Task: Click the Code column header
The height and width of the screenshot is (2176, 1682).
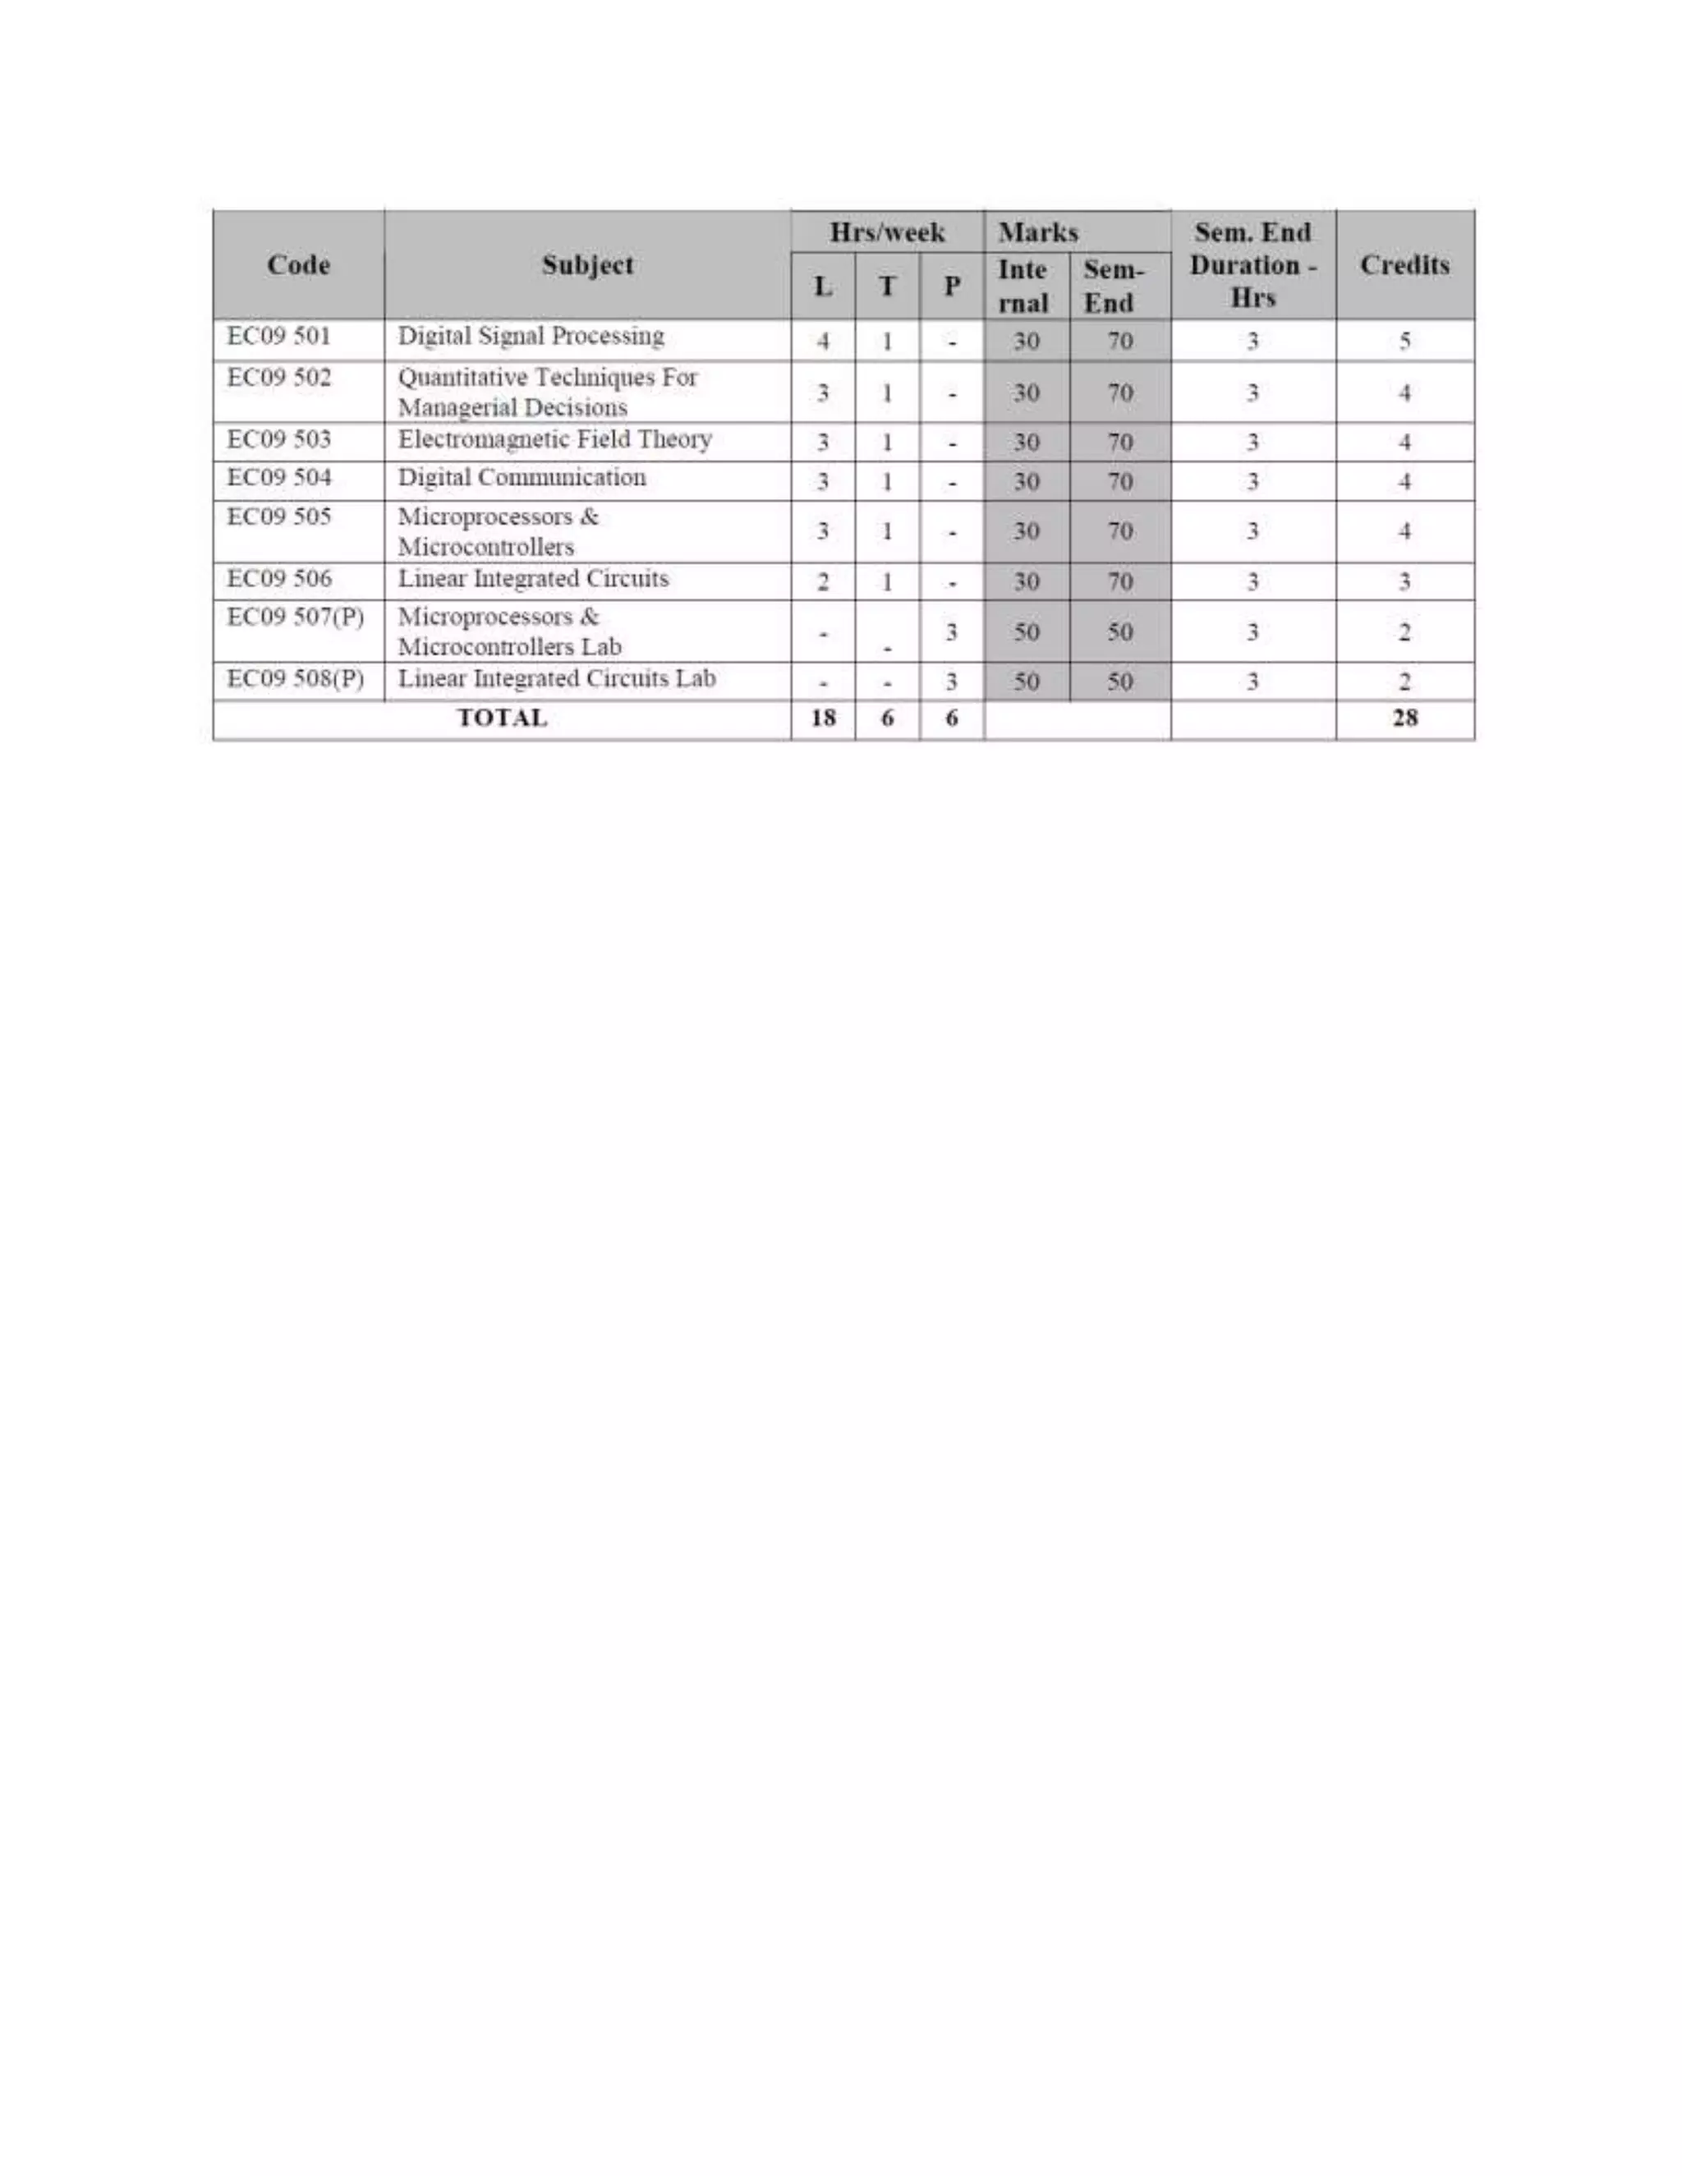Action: [298, 265]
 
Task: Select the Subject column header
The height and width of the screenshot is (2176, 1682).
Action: [587, 265]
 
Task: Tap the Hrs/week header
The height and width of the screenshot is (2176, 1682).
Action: [887, 232]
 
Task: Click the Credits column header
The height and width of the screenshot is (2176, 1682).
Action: [1404, 265]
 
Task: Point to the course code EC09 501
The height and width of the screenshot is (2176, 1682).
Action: [279, 336]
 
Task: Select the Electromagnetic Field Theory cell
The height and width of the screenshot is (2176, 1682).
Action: [554, 439]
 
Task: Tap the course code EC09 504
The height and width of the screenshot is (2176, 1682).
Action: [279, 477]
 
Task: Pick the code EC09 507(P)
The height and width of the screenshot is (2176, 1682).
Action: [295, 617]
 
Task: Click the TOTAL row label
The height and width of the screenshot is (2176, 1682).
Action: [501, 718]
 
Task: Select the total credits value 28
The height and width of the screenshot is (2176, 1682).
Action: [1404, 718]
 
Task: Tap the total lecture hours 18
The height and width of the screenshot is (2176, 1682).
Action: [823, 718]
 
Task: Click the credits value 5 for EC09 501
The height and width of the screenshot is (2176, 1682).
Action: [1404, 342]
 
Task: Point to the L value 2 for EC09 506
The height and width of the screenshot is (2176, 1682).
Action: [823, 582]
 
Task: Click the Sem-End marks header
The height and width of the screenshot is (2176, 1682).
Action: [1113, 286]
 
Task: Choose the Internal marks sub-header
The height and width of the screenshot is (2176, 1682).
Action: [1023, 286]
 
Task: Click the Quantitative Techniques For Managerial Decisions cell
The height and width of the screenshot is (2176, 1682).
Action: [547, 393]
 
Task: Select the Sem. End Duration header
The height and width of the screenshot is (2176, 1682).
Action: [1252, 265]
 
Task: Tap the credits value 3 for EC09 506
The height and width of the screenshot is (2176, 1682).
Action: [1404, 582]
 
